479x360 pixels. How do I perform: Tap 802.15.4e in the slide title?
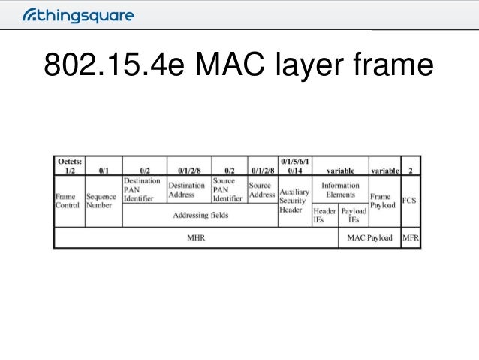[95, 67]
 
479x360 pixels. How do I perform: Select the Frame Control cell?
[67, 201]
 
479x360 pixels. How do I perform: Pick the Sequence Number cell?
[102, 201]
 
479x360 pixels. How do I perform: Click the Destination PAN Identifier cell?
[143, 190]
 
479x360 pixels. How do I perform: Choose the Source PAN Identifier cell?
[228, 190]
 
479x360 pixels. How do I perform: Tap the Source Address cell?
[262, 190]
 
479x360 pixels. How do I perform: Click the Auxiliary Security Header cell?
[294, 201]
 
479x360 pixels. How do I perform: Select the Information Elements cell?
[340, 189]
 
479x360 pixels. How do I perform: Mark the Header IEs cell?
[324, 216]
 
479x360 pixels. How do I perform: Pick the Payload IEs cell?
[354, 216]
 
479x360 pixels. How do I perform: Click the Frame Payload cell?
[384, 201]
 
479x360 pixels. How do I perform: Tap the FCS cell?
[410, 201]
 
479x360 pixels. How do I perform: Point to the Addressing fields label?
[200, 216]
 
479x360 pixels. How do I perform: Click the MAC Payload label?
[369, 238]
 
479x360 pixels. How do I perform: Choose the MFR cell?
[410, 238]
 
